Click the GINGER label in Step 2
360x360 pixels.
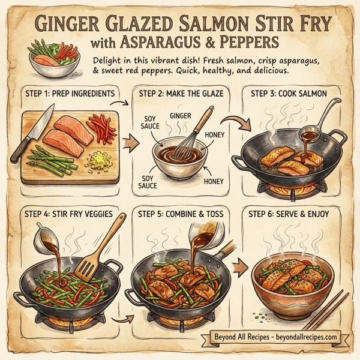tap(180, 115)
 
